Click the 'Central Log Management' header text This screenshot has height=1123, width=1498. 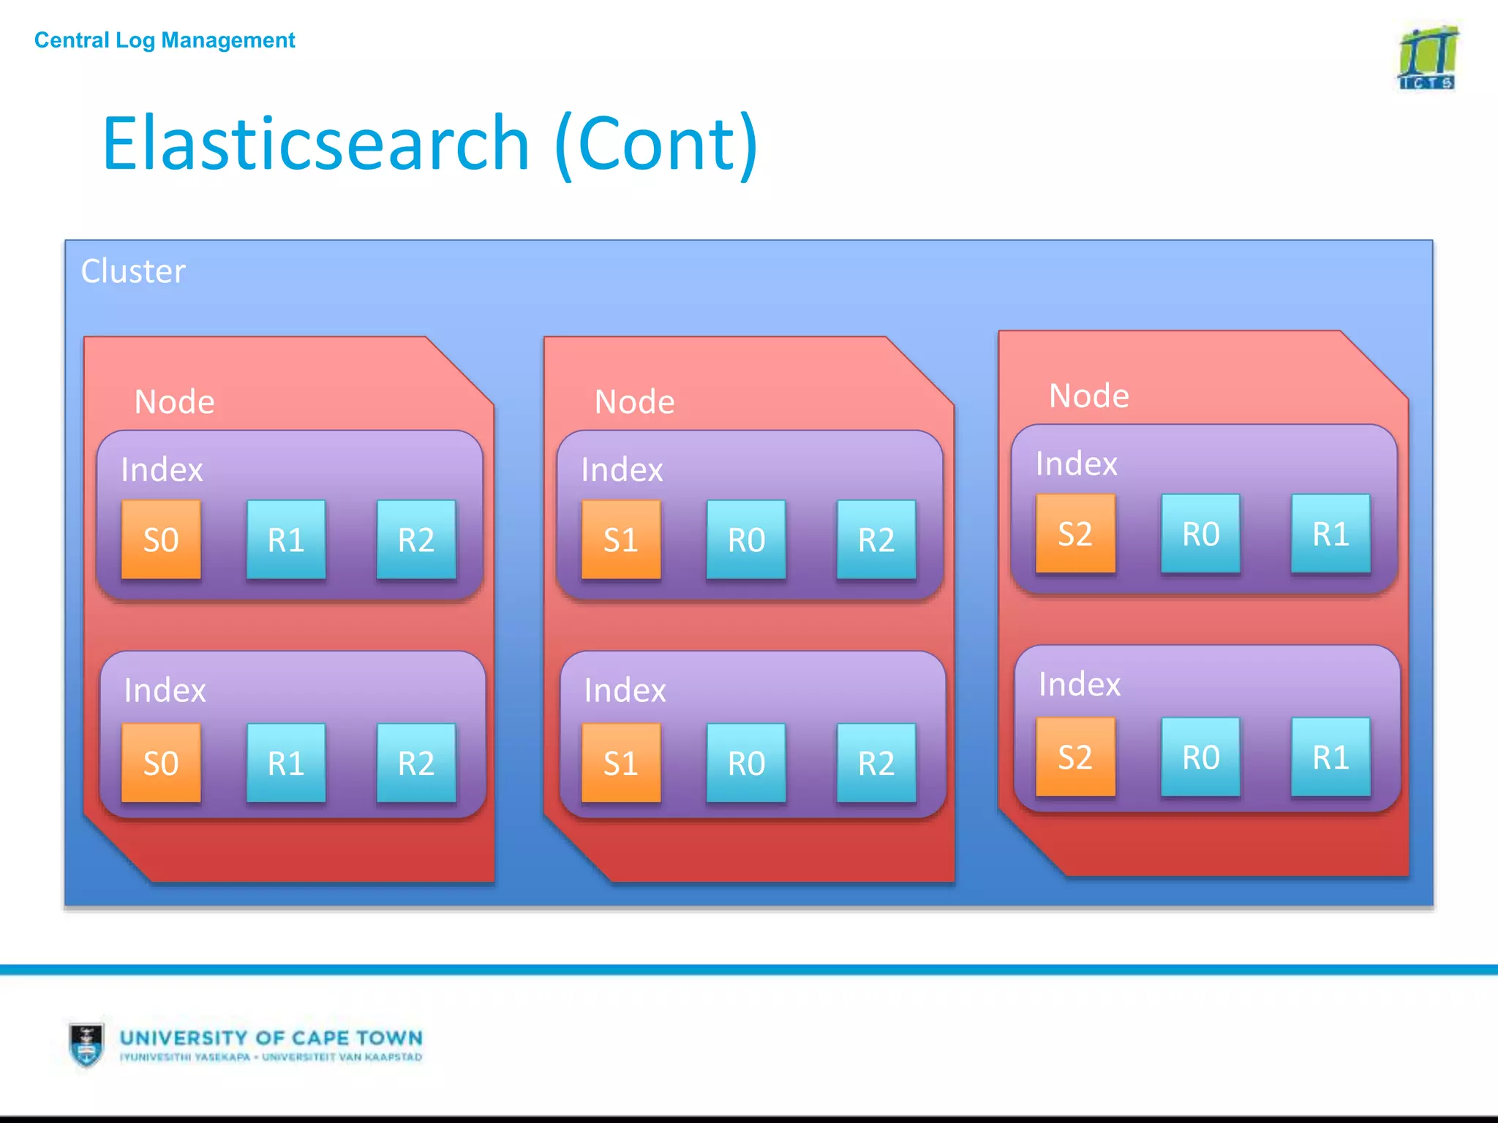[x=165, y=40]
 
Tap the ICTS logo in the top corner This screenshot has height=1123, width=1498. [x=1427, y=58]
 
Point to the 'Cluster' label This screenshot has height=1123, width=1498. [x=133, y=271]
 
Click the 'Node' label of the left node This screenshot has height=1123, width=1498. [x=175, y=402]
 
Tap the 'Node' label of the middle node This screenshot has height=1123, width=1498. [x=635, y=402]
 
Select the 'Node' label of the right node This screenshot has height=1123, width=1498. [x=1089, y=396]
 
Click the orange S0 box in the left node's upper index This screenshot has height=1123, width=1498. [x=161, y=540]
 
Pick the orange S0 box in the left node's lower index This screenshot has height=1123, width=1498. [x=161, y=763]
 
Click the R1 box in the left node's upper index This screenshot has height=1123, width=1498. [x=286, y=540]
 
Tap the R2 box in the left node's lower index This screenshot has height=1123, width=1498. [x=416, y=763]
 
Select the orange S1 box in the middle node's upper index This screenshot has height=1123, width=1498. [x=621, y=540]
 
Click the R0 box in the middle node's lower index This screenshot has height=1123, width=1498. [x=746, y=763]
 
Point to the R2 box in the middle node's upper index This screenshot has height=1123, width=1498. [x=876, y=540]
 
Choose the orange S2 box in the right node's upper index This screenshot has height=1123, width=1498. [x=1075, y=534]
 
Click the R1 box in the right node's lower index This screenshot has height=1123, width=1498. [x=1330, y=757]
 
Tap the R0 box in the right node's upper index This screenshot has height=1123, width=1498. [x=1201, y=534]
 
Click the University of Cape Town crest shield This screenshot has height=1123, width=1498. [x=87, y=1044]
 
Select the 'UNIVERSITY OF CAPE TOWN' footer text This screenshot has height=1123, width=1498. [x=271, y=1038]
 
